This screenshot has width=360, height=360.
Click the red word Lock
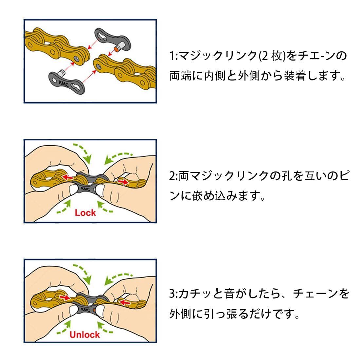tap(85, 213)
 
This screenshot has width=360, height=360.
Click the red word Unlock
tap(84, 334)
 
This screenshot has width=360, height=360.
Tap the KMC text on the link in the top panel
tap(63, 83)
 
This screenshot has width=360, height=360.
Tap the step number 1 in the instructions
tap(172, 56)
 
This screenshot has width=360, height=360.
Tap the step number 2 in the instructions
tap(172, 176)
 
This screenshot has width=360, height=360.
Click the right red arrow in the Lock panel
tap(123, 182)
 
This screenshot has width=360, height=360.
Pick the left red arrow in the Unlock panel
tap(64, 297)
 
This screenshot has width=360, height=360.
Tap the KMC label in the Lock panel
tap(85, 189)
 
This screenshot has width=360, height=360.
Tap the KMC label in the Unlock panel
tap(85, 310)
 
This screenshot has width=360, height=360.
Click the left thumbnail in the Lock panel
tap(73, 190)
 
